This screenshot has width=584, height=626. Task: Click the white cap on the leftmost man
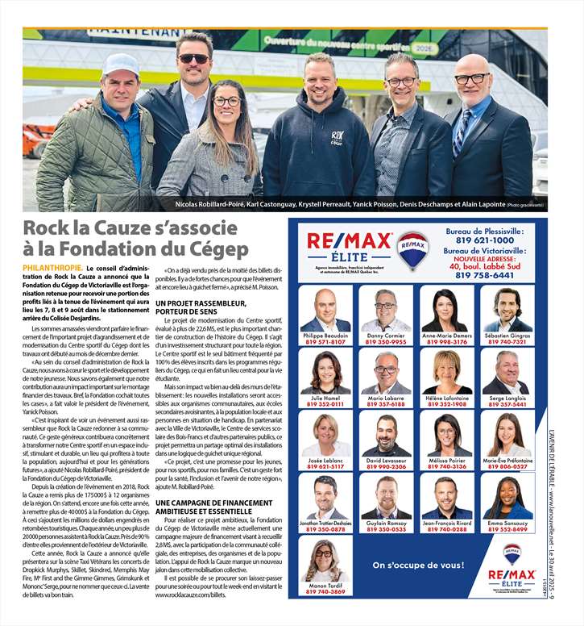(x=122, y=64)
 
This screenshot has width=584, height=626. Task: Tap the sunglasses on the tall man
(x=193, y=58)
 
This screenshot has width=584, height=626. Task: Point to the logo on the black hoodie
(x=338, y=137)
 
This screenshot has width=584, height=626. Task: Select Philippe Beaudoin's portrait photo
(x=325, y=310)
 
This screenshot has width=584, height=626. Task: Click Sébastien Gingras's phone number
(x=507, y=342)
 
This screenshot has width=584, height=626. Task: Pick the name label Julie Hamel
(x=325, y=398)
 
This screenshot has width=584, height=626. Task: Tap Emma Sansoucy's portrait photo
(x=507, y=498)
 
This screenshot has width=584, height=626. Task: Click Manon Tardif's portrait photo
(x=325, y=560)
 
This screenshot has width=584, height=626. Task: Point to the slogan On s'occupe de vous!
(x=418, y=564)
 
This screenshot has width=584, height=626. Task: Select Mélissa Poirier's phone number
(x=447, y=466)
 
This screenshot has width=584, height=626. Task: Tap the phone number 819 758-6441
(x=484, y=275)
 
